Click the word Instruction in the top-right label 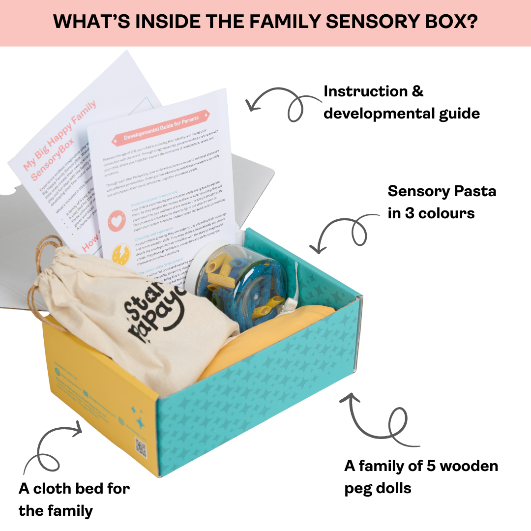[365, 91]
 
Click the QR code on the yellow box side [142, 448]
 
